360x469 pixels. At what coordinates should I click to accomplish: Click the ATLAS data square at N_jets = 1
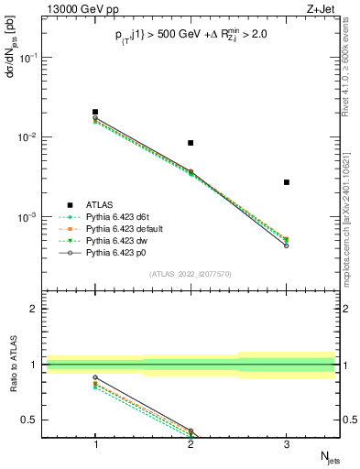pos(95,112)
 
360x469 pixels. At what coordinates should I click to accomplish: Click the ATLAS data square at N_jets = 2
pos(191,143)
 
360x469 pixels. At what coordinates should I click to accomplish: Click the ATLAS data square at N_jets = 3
pos(286,182)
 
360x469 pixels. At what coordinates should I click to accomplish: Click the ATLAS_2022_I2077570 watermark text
pos(191,273)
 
